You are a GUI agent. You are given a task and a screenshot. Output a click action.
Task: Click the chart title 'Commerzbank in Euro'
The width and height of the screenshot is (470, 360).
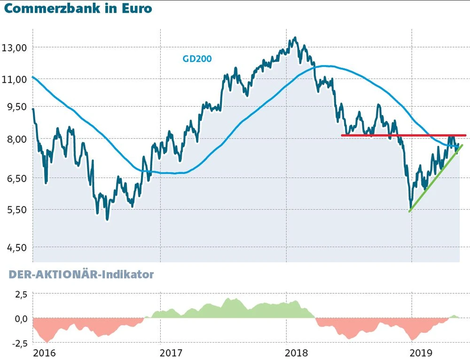click(x=78, y=9)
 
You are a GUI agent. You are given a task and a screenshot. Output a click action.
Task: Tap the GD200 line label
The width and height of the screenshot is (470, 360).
click(x=197, y=59)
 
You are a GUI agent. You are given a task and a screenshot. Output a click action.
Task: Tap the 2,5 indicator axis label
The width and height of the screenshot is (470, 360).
click(x=19, y=294)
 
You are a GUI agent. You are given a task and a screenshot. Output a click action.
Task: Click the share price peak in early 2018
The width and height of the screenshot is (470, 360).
click(x=295, y=38)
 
